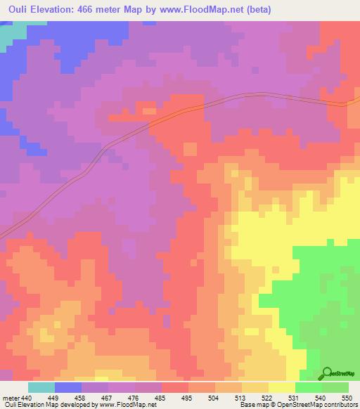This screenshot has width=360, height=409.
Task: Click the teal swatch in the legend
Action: (x=41, y=387)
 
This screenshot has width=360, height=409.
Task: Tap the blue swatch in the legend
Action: (x=68, y=387)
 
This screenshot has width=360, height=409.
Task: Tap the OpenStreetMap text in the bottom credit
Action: (x=295, y=405)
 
